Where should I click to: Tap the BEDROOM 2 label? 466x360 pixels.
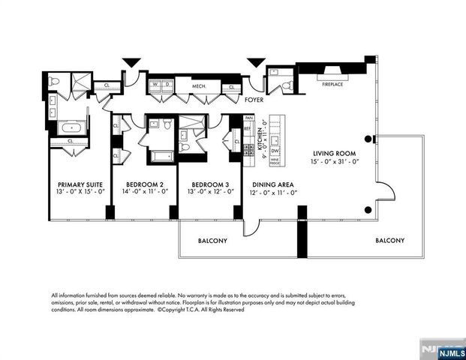(x=145, y=184)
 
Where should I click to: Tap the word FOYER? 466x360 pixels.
(x=255, y=97)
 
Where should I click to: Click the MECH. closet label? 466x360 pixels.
(x=199, y=87)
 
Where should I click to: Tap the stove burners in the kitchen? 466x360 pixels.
(x=248, y=149)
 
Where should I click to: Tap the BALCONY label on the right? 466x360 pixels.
(x=390, y=241)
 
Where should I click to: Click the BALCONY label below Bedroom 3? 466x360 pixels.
(x=212, y=241)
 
